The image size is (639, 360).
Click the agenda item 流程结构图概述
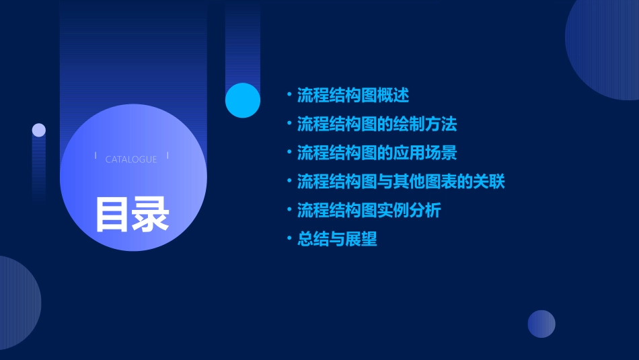click(x=352, y=95)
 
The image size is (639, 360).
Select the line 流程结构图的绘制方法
click(x=377, y=124)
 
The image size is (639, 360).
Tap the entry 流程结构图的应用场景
click(x=377, y=153)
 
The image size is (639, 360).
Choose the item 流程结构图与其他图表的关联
click(x=401, y=182)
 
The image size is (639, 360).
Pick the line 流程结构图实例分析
click(x=369, y=211)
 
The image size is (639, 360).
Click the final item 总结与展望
click(x=337, y=239)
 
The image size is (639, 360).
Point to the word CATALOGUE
click(x=131, y=159)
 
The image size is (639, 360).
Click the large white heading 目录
click(x=132, y=214)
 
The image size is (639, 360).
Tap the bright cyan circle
click(x=243, y=100)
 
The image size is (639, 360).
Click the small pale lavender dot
click(x=39, y=130)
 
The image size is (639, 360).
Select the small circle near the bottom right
click(x=541, y=324)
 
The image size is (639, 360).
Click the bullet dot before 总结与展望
click(x=289, y=239)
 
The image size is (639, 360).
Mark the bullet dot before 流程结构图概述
click(x=289, y=95)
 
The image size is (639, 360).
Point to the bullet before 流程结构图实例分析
click(x=289, y=211)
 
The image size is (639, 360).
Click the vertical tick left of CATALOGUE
click(x=96, y=155)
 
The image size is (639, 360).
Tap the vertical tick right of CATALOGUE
click(x=167, y=155)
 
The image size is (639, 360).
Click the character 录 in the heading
click(x=151, y=214)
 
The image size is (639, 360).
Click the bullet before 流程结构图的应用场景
click(x=289, y=153)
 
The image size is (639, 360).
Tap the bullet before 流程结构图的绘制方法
click(x=289, y=124)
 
